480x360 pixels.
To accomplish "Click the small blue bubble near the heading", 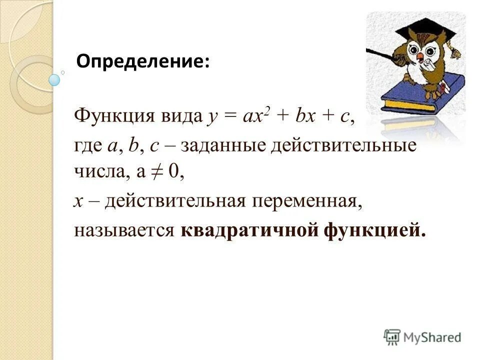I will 54,79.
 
